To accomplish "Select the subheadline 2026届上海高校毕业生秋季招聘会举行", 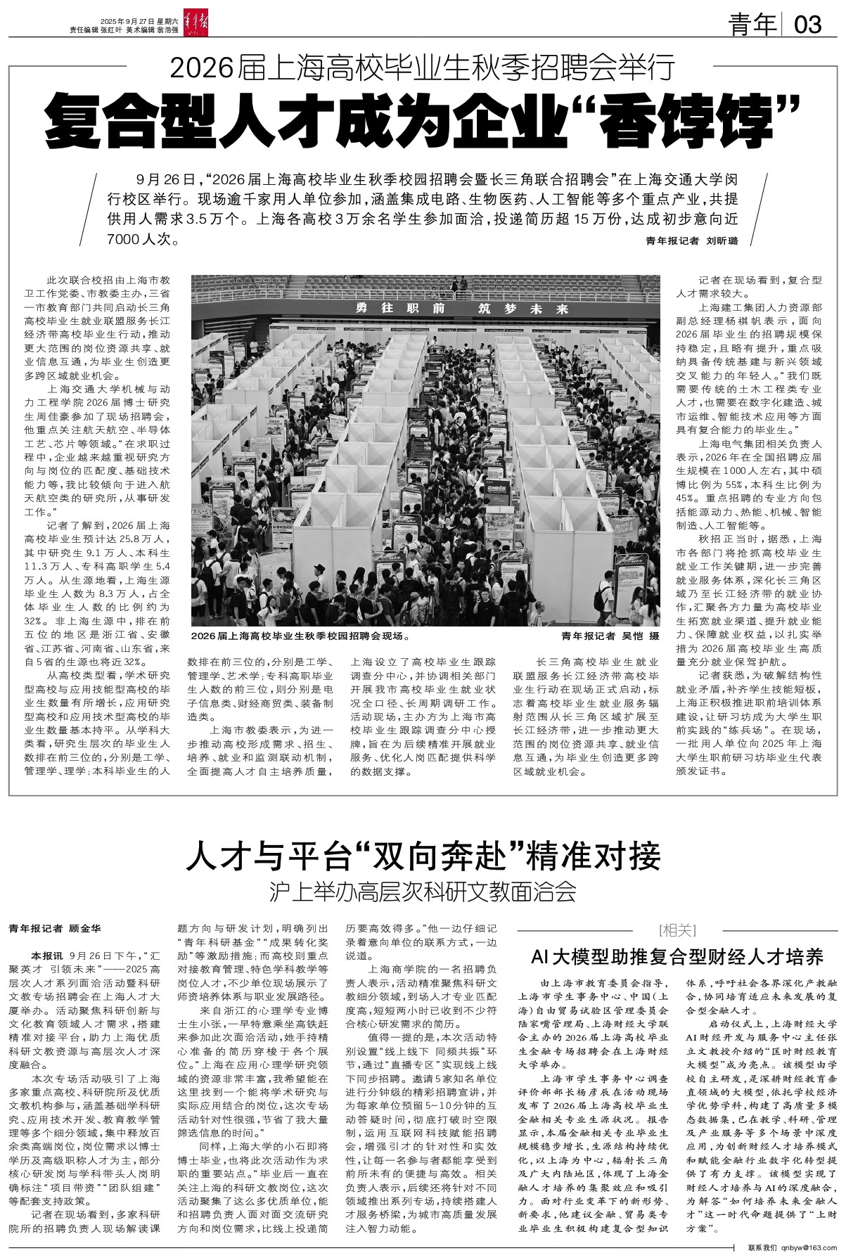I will coord(423,68).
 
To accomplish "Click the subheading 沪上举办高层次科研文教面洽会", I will coord(423,893).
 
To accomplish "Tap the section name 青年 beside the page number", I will coord(752,25).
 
